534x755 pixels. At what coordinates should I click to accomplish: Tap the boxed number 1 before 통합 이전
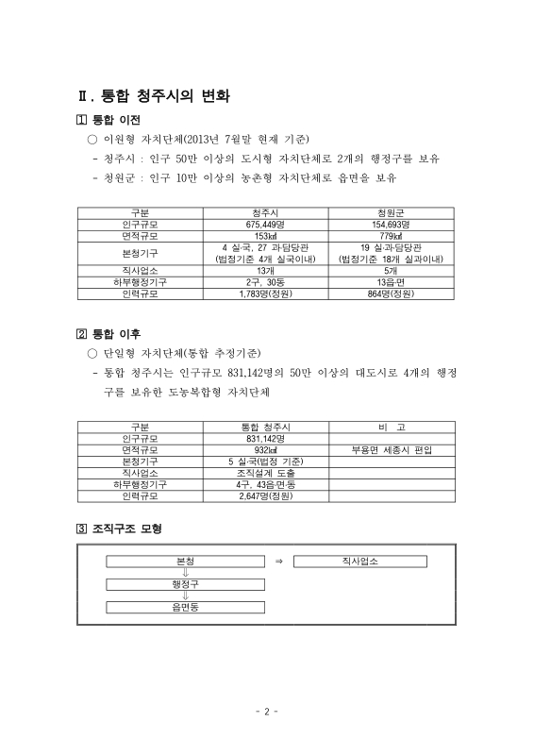click(x=80, y=120)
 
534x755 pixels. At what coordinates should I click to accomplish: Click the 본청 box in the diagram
click(x=186, y=561)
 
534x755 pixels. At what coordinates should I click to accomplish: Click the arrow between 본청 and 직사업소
click(x=278, y=562)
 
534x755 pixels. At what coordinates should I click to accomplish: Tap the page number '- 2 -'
click(x=266, y=712)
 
